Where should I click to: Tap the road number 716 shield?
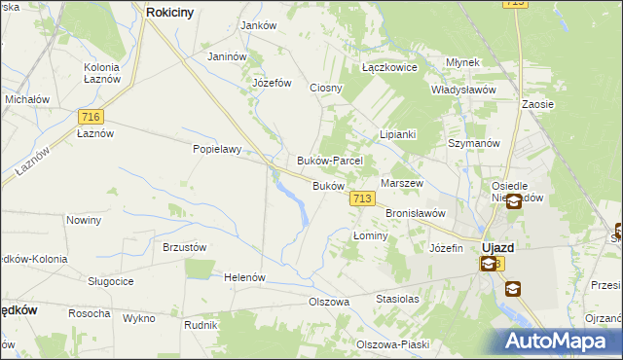click(90, 116)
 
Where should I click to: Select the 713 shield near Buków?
click(362, 198)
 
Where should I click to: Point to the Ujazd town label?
click(498, 247)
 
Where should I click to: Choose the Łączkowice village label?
click(389, 68)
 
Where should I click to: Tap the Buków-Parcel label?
click(329, 161)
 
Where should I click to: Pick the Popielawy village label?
click(216, 151)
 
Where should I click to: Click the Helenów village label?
click(245, 277)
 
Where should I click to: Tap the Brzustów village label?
click(185, 247)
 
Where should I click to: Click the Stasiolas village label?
click(397, 300)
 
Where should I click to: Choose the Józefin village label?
click(446, 248)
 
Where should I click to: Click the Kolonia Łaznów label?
click(101, 72)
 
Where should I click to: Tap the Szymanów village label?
click(473, 142)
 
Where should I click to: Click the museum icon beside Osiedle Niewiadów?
click(513, 200)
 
